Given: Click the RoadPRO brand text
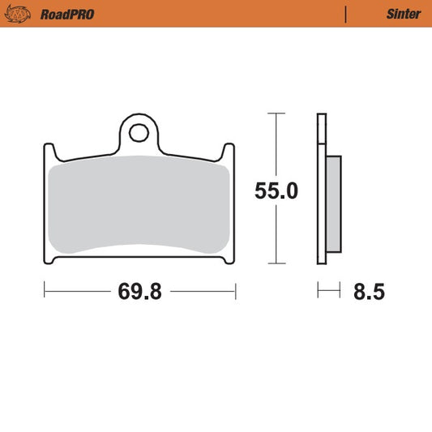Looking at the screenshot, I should pyautogui.click(x=67, y=15).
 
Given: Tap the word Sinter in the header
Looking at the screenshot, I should pyautogui.click(x=403, y=15).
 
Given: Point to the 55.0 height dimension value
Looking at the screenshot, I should pyautogui.click(x=276, y=191).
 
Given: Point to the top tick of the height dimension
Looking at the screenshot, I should pyautogui.click(x=277, y=114).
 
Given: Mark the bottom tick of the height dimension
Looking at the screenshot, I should pyautogui.click(x=277, y=263).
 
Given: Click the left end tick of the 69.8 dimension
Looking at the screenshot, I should pyautogui.click(x=44, y=289).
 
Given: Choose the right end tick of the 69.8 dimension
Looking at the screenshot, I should pyautogui.click(x=235, y=289).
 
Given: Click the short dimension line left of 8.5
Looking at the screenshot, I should pyautogui.click(x=327, y=289).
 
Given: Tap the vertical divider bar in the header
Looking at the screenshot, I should pyautogui.click(x=346, y=15).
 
